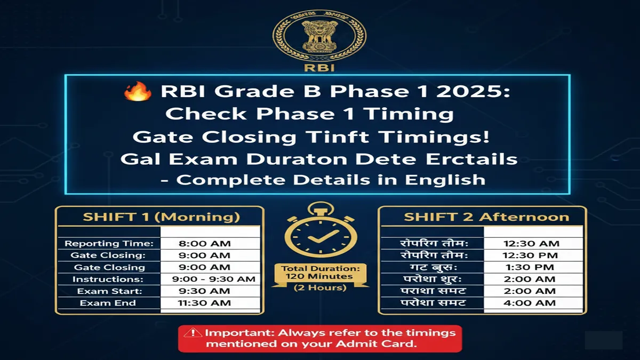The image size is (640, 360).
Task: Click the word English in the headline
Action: (x=445, y=179)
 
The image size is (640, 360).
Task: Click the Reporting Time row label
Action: (x=109, y=244)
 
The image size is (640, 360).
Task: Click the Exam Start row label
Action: (x=109, y=291)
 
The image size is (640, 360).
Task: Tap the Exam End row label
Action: (x=108, y=303)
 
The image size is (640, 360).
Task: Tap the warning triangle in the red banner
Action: (x=189, y=333)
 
